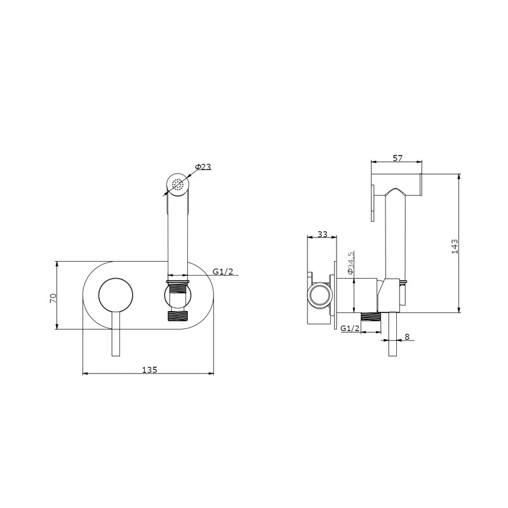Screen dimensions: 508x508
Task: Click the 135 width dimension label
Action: pyautogui.click(x=149, y=370)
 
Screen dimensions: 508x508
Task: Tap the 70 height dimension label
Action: pyautogui.click(x=53, y=298)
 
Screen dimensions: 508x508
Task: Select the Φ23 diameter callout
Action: pyautogui.click(x=203, y=167)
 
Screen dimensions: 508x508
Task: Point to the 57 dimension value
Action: pyautogui.click(x=398, y=158)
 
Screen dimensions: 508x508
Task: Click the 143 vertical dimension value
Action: pyautogui.click(x=455, y=246)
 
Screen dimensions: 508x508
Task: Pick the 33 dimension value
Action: pyautogui.click(x=323, y=234)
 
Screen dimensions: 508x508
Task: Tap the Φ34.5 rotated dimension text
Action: pyautogui.click(x=351, y=263)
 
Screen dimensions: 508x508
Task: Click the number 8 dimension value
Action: pyautogui.click(x=407, y=337)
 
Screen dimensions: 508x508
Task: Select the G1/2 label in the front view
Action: pyautogui.click(x=223, y=272)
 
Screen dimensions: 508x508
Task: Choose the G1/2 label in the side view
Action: pyautogui.click(x=350, y=328)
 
